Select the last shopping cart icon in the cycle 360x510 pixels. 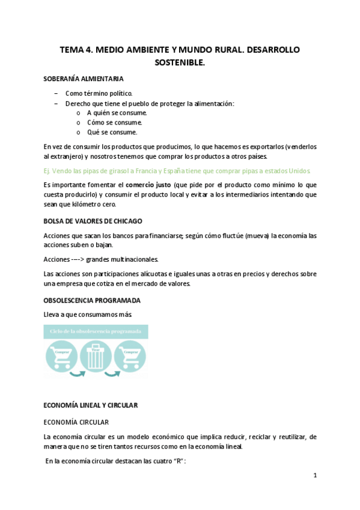[x=130, y=355]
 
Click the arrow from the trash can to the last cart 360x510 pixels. [x=112, y=376]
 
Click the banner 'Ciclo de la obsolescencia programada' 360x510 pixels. [x=96, y=331]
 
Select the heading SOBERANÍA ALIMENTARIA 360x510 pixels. [x=84, y=79]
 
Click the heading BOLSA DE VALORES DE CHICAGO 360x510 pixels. [x=93, y=221]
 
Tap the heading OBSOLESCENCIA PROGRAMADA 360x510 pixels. [x=92, y=300]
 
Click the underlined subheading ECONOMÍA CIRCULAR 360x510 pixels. [x=76, y=422]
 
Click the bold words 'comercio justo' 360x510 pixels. [x=148, y=184]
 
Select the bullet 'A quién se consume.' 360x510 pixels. [x=117, y=112]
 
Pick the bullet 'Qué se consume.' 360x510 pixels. [x=112, y=132]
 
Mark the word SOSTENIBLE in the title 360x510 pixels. [x=180, y=62]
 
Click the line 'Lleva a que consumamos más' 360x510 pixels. [x=87, y=315]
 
